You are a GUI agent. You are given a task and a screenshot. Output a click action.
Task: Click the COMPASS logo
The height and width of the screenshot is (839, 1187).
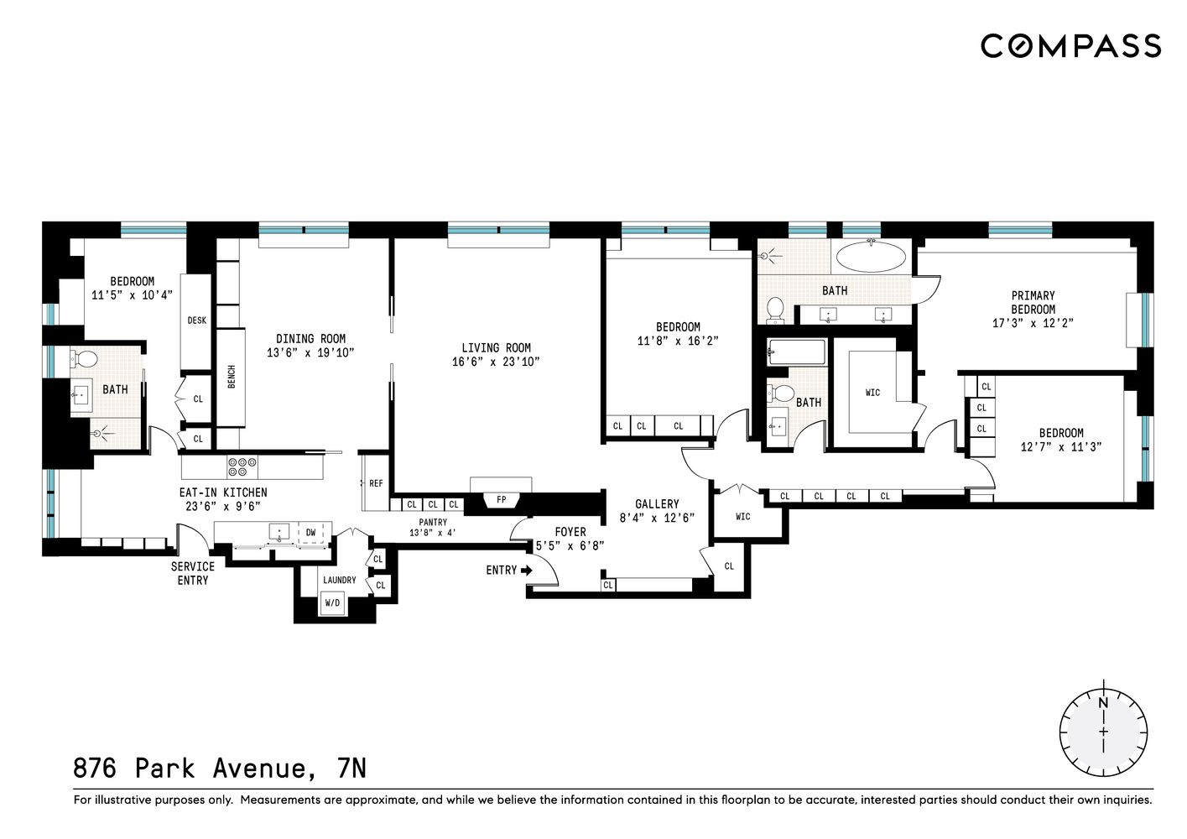(x=1070, y=45)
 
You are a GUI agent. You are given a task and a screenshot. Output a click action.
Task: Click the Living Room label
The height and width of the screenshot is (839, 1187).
(x=496, y=347)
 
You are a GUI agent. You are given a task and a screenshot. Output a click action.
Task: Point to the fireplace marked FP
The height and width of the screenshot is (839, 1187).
(x=502, y=500)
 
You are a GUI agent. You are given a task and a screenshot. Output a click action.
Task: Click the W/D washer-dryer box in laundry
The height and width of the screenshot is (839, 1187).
(x=332, y=602)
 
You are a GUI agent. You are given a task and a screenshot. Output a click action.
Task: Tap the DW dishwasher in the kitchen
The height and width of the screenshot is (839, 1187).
(x=310, y=532)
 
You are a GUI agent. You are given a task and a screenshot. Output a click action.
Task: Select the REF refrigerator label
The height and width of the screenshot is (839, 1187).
(x=376, y=483)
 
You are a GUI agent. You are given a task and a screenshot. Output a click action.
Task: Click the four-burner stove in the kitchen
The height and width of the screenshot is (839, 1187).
(x=242, y=466)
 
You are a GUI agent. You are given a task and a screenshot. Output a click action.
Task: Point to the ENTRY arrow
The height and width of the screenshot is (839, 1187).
(x=526, y=571)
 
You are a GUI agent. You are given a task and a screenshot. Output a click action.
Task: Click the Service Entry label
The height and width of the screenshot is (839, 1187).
(x=193, y=573)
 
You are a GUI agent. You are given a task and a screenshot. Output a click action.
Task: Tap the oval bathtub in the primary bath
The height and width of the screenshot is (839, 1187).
(x=872, y=256)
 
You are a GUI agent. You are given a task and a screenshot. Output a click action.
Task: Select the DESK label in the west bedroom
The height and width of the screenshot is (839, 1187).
(x=196, y=320)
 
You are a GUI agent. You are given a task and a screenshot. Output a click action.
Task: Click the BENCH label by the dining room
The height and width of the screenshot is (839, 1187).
(x=232, y=377)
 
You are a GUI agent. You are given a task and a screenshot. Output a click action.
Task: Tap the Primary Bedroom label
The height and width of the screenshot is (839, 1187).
(x=1033, y=302)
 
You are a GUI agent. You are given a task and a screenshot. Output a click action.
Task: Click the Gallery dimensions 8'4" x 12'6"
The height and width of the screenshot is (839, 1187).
(x=657, y=518)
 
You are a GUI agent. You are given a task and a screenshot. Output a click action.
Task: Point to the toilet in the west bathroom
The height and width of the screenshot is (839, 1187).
(x=86, y=360)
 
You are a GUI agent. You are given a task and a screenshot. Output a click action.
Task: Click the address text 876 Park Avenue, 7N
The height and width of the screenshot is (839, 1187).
(x=220, y=769)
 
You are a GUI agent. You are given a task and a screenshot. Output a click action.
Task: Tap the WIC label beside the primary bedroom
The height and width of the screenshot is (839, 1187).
(x=872, y=393)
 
